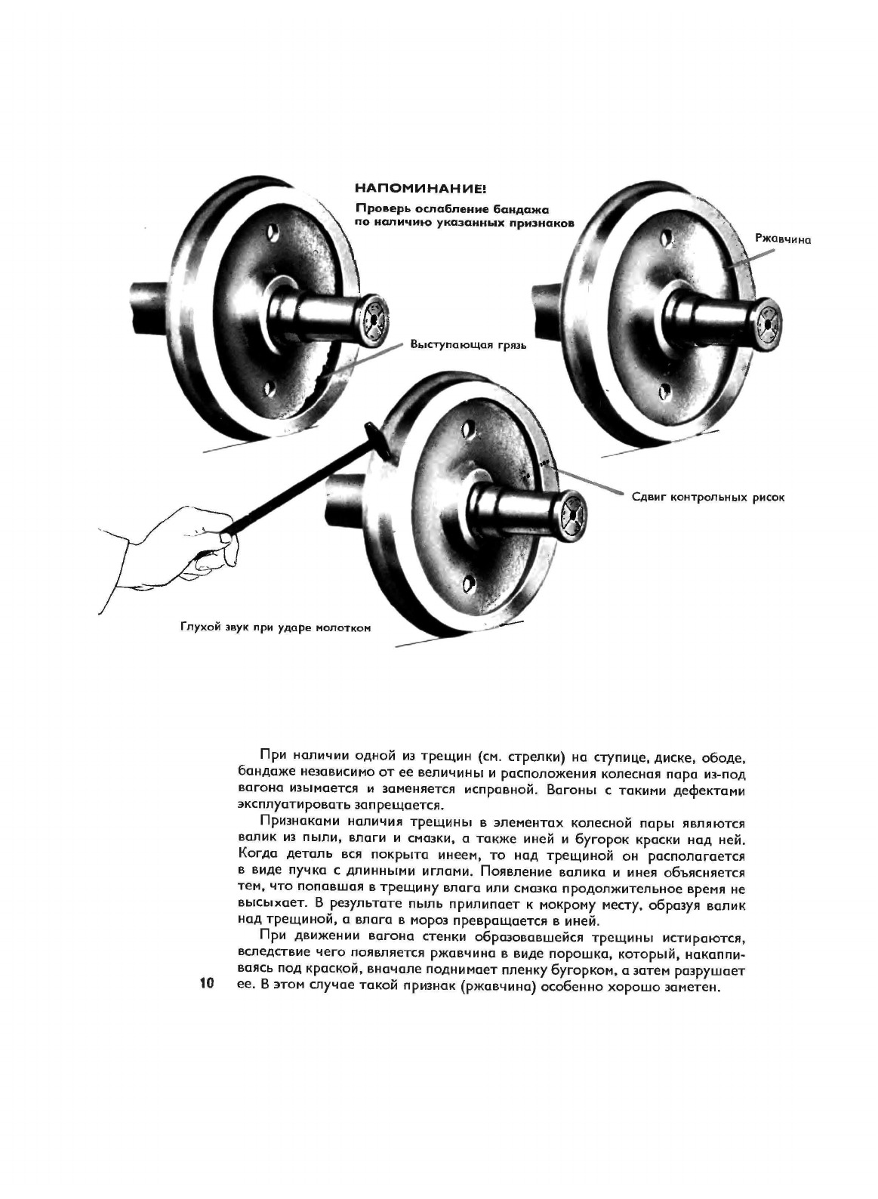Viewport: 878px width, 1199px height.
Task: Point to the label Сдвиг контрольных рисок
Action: (x=707, y=498)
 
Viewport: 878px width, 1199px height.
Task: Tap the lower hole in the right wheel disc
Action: (x=664, y=391)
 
